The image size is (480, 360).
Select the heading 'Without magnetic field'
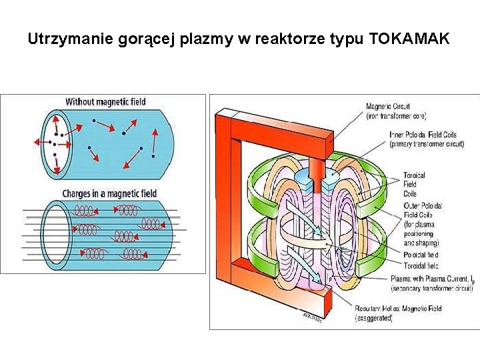[105, 102]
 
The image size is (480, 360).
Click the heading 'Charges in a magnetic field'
[110, 193]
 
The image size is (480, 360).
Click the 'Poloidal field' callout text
[421, 255]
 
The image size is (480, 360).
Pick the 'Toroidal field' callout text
[421, 264]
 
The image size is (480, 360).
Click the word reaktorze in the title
[288, 39]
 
